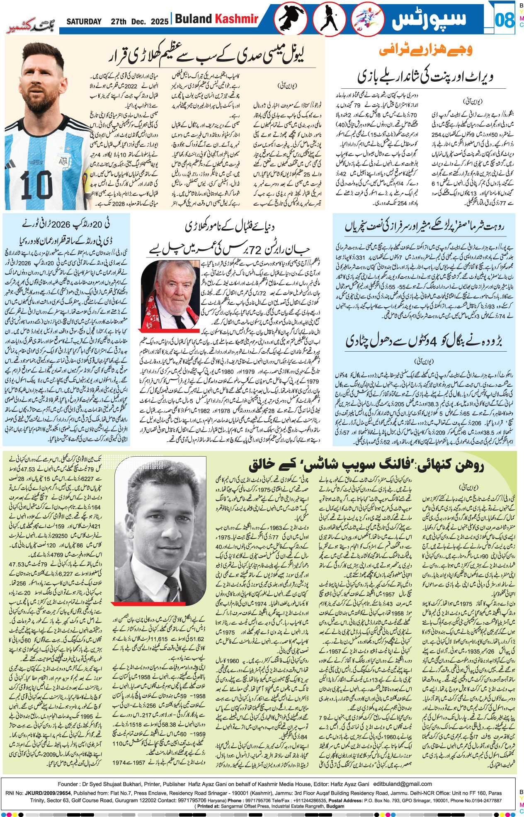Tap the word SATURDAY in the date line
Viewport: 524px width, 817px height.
click(84, 22)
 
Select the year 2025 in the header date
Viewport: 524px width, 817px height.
click(160, 22)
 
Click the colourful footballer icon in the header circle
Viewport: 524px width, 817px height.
click(367, 19)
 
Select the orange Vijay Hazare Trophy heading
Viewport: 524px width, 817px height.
click(425, 50)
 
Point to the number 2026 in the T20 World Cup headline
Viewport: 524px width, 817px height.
click(61, 224)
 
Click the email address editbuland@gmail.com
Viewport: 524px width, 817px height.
click(403, 784)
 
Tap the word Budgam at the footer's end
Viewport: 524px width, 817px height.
click(335, 806)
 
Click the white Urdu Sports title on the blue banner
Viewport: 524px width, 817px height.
click(429, 19)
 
